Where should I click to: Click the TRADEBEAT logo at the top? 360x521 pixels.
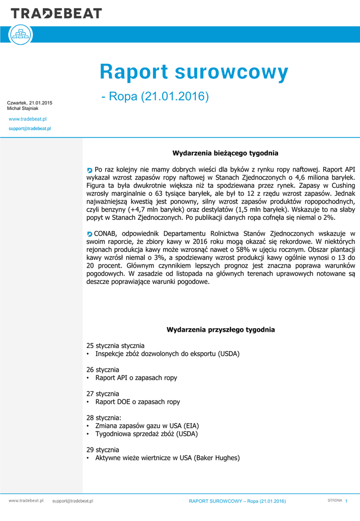[56, 13]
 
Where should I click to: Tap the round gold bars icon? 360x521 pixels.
[21, 35]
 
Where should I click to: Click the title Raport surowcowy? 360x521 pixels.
[194, 73]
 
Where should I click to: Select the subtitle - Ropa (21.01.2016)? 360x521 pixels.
[155, 96]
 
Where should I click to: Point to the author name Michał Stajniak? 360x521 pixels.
[22, 108]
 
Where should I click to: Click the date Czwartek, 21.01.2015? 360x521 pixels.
[29, 103]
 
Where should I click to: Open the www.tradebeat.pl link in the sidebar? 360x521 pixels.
[28, 119]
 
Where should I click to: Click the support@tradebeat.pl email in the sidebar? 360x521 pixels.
[29, 129]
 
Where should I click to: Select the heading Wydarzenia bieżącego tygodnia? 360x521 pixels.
[225, 153]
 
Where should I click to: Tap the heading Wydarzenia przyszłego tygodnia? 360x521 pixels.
[221, 330]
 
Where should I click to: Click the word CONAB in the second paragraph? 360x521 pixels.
[106, 234]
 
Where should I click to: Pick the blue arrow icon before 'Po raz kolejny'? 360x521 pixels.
[90, 169]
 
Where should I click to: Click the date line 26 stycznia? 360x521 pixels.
[103, 369]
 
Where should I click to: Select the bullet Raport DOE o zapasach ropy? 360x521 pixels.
[137, 402]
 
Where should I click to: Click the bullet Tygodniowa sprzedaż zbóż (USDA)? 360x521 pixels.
[146, 434]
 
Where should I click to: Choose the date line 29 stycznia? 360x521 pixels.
[103, 450]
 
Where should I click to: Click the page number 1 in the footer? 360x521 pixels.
[346, 502]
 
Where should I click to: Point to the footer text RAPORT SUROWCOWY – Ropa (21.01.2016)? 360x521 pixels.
[237, 502]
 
